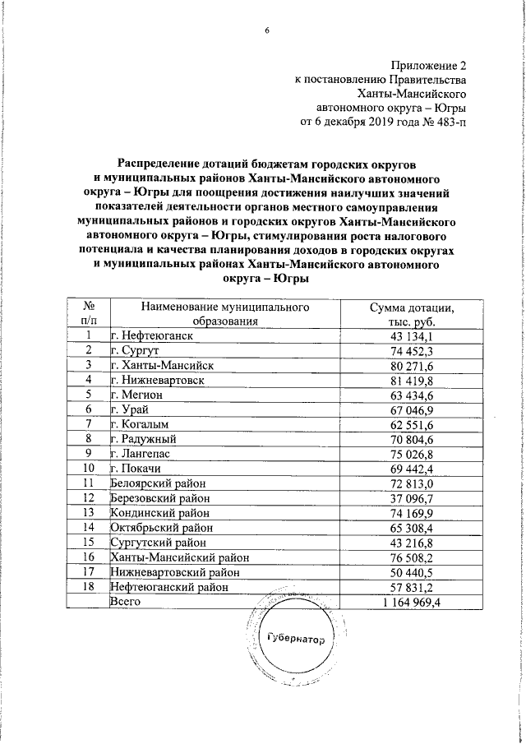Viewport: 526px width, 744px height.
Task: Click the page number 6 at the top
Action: pos(266,31)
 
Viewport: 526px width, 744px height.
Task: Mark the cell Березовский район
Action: pos(160,498)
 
